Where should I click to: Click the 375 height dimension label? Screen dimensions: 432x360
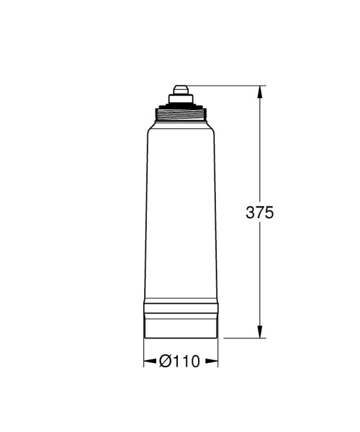click(x=261, y=212)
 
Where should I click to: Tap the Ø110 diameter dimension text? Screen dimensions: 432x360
click(x=179, y=362)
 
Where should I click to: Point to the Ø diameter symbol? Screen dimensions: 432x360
click(x=165, y=362)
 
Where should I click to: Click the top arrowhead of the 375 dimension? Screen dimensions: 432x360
click(x=260, y=91)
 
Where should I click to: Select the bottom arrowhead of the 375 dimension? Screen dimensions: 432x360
click(x=260, y=331)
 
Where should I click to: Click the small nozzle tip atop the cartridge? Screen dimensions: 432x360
click(x=180, y=90)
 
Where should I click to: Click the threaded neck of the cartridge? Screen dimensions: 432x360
click(x=180, y=114)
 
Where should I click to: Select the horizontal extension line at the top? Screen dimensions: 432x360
click(x=223, y=86)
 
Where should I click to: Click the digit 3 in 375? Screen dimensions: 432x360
click(x=251, y=212)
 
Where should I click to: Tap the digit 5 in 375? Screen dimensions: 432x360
click(x=270, y=212)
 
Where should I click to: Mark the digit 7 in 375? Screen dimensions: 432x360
click(x=261, y=212)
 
